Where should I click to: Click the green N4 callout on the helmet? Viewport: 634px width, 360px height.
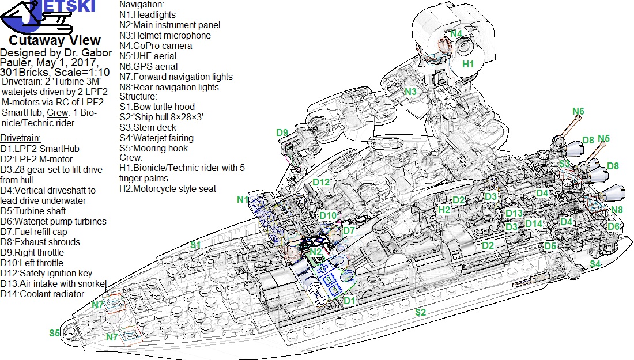tap(456, 33)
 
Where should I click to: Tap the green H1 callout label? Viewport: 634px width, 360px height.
tap(468, 64)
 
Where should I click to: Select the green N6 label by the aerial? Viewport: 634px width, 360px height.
tap(578, 112)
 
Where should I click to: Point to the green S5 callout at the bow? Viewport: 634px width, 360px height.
tap(55, 333)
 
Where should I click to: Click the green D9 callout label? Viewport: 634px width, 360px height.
tap(282, 132)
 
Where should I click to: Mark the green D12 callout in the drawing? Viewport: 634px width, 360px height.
tap(322, 182)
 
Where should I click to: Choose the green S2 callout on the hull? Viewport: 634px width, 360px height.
tap(421, 312)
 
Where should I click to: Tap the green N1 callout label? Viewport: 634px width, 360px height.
tap(243, 199)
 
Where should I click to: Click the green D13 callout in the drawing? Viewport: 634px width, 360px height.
tap(514, 213)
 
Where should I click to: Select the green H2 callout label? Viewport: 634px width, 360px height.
tap(444, 210)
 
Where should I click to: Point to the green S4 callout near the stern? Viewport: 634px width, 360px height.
tap(595, 264)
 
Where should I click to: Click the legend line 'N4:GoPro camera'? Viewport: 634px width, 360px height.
tap(156, 46)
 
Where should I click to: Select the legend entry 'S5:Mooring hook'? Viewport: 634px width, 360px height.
tap(154, 148)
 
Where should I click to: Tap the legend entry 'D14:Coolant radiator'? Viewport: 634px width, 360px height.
tap(42, 294)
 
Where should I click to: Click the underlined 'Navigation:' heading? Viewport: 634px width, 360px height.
tap(142, 5)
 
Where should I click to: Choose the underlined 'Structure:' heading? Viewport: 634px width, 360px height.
tap(138, 97)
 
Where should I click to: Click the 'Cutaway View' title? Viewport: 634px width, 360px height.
tap(55, 40)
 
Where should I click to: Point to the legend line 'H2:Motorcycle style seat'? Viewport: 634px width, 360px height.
tap(168, 189)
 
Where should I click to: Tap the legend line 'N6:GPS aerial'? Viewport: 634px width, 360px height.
tap(148, 67)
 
